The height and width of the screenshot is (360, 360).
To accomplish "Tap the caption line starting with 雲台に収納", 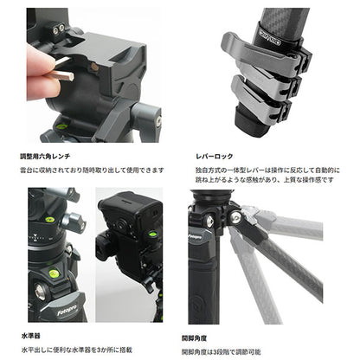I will click(x=95, y=170).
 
